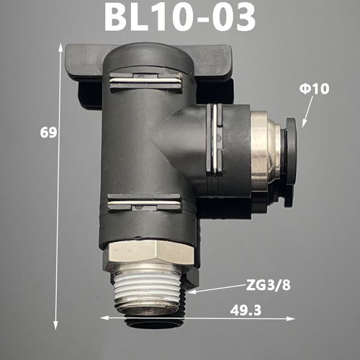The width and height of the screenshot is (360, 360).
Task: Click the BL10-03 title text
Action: (x=180, y=16)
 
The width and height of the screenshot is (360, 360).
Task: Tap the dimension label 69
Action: (x=48, y=132)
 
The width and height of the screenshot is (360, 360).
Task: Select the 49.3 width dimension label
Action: (x=246, y=310)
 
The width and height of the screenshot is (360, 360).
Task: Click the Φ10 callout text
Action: (x=314, y=89)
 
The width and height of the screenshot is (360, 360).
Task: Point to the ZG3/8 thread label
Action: (x=269, y=285)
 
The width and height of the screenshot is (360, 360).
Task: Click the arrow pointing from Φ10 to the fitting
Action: (x=307, y=112)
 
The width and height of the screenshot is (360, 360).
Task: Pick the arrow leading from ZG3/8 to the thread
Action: (x=216, y=289)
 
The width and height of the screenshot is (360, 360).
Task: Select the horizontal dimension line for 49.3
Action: (x=197, y=318)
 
